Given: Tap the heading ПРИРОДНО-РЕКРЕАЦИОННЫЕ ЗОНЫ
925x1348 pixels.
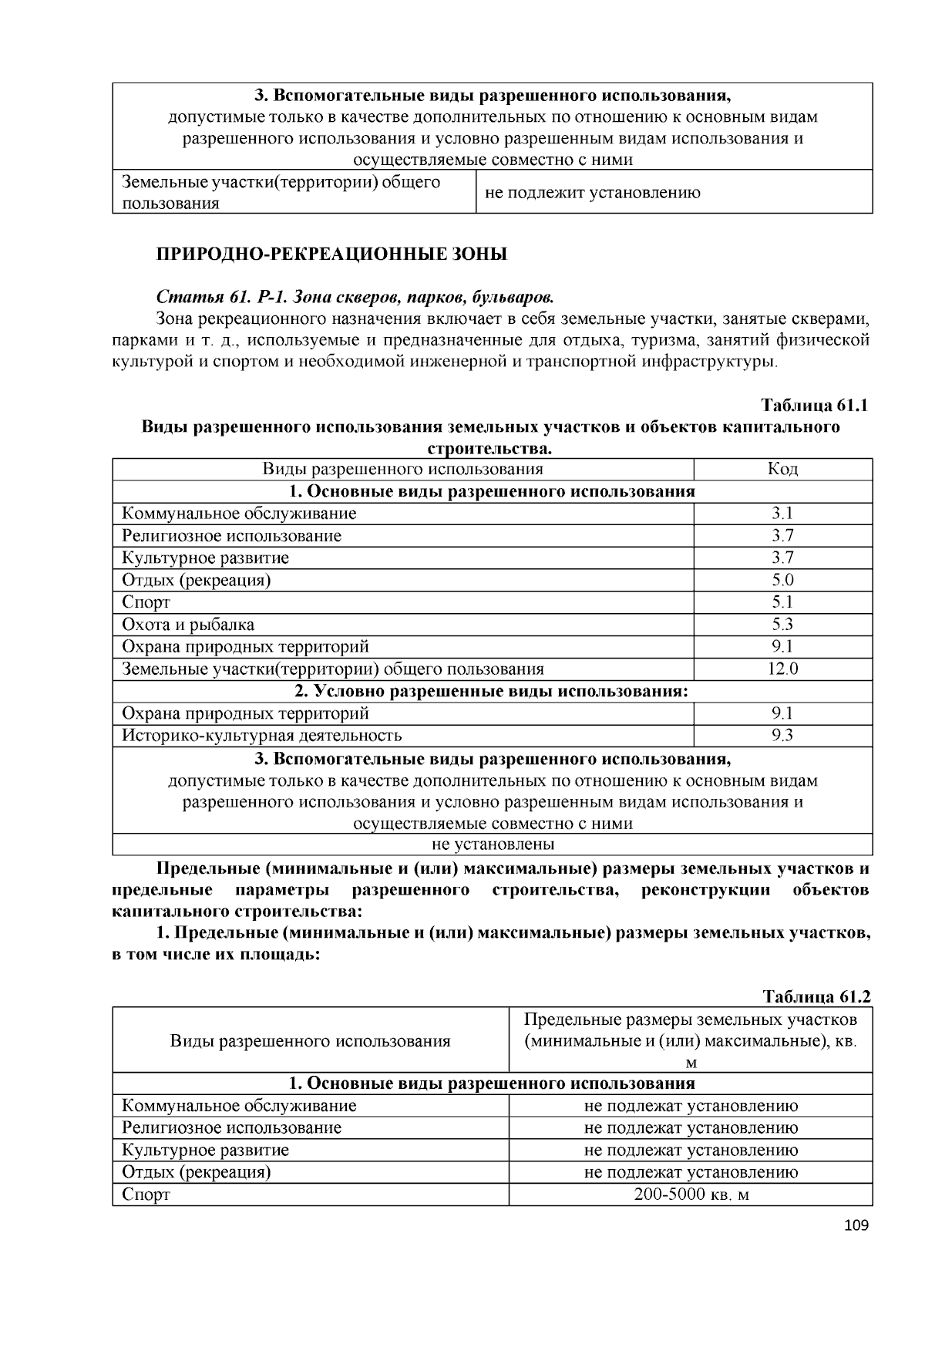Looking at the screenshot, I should pos(332,254).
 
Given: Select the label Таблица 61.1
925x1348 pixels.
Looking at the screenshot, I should pos(815,406).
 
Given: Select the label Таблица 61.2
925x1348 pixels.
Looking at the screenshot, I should pos(816,996).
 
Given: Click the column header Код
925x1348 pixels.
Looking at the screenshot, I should pos(782,469).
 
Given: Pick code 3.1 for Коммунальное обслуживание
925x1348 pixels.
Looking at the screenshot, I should pos(782,514).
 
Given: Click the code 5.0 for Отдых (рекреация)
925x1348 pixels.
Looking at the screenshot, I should pos(782,580).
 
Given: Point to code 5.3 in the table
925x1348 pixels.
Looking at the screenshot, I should pos(782,625).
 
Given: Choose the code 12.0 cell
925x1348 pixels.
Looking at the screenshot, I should pos(782,669).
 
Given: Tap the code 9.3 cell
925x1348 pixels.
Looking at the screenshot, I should pos(782,736).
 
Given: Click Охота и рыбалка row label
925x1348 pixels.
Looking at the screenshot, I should pos(188,625).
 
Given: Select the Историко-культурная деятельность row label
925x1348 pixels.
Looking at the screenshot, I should pos(261,736).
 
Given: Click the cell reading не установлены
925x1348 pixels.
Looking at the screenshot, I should pos(493,844).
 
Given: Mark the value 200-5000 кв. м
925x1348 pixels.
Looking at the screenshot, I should pos(691,1195).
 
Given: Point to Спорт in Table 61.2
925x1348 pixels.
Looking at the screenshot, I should pos(146,1195).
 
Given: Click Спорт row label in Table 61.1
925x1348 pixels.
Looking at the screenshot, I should pos(146,602).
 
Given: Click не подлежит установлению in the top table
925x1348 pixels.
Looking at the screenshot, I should pos(592,193).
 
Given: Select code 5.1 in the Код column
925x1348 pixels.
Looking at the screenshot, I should pos(782,602).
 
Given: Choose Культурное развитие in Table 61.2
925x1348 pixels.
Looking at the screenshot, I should pos(205,1150).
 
